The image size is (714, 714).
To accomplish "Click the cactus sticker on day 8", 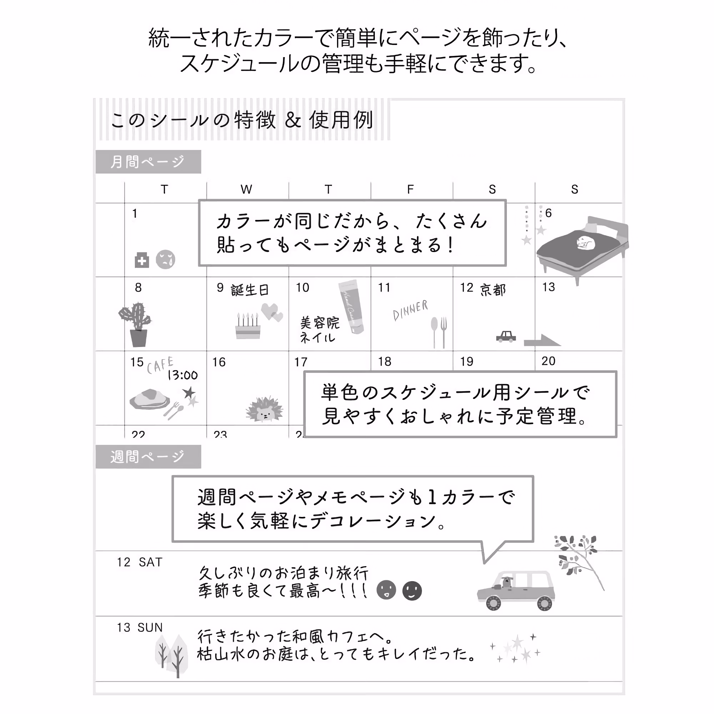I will point(136,325).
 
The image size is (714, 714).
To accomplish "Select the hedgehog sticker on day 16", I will point(264,410).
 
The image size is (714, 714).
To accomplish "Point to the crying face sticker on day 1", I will point(165,260).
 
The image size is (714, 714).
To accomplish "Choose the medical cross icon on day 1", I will point(141,260).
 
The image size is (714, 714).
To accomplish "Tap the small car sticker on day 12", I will point(506,336).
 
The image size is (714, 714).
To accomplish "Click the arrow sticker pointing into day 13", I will point(542,340).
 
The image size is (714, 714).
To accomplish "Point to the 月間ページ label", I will point(148,161).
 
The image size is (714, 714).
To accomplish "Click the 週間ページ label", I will point(148,457).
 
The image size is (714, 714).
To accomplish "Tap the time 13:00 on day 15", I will point(182,376).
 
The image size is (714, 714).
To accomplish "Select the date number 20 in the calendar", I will point(548,361).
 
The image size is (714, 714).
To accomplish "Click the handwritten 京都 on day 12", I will point(493,290).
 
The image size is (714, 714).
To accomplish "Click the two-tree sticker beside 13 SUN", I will point(171,656).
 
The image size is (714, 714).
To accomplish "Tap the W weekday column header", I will point(246,189).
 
